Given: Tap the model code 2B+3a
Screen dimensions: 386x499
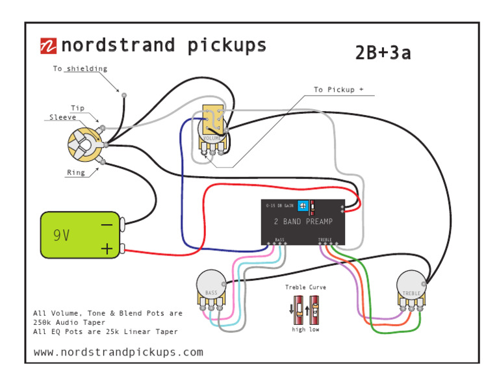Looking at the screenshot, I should click(x=383, y=53).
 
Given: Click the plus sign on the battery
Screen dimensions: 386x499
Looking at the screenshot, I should click(x=107, y=248).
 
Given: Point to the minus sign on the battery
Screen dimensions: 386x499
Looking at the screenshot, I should click(x=107, y=225).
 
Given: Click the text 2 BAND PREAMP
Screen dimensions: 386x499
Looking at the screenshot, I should click(x=303, y=222).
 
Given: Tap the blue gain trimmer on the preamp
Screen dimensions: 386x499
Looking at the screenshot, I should click(x=303, y=205).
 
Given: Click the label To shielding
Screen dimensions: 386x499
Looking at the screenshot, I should click(x=80, y=69).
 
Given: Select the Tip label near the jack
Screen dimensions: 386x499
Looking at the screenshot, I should click(x=77, y=108).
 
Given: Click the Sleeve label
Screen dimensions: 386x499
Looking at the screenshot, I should click(x=63, y=118).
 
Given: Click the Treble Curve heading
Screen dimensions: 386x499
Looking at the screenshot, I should click(x=305, y=287).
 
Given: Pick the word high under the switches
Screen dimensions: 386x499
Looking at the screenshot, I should click(x=298, y=329).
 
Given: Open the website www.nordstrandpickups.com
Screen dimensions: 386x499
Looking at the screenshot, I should click(x=118, y=352).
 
